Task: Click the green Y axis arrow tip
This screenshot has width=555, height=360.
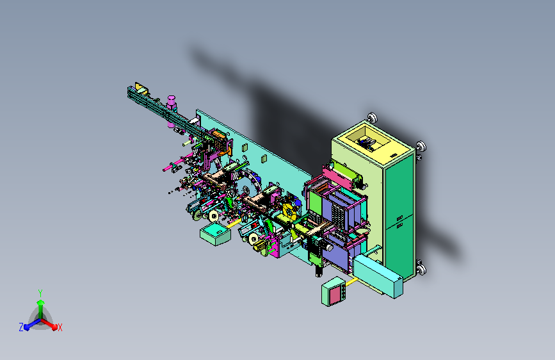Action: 40,302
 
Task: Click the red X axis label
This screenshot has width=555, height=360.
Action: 60,327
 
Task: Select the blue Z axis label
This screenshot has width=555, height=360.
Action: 21,327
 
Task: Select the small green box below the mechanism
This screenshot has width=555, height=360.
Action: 215,234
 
